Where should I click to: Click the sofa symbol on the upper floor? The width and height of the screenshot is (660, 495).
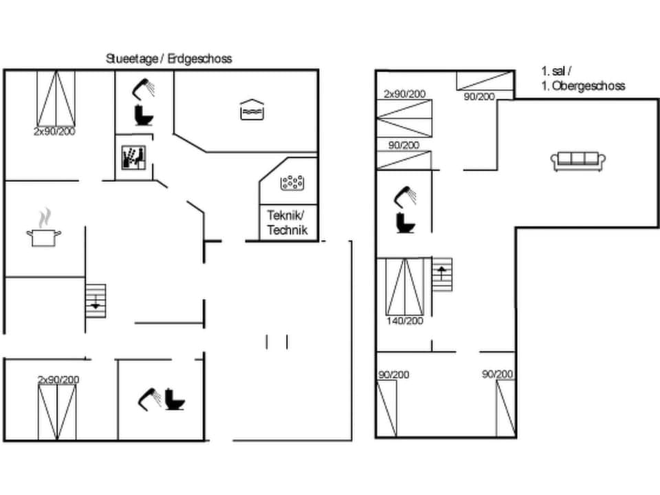point(577,161)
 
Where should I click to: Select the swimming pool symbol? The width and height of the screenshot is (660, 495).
point(252,110)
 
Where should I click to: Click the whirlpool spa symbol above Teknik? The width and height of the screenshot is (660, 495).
point(291,182)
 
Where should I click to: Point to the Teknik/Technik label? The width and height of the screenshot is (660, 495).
point(287,223)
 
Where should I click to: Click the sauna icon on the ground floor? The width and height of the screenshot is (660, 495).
point(132,157)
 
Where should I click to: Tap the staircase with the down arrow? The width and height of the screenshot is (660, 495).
point(96,300)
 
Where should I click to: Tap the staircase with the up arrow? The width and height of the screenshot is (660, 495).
point(442,274)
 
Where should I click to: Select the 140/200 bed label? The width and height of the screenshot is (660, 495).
point(405,321)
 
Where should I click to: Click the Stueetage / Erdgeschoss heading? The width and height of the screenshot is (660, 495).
point(168,59)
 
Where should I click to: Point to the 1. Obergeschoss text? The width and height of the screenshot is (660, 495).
point(583,86)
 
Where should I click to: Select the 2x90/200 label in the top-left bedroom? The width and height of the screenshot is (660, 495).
point(54,131)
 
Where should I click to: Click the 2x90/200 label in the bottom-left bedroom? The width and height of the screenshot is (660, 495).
point(58,379)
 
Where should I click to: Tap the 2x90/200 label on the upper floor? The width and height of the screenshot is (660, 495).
point(405,94)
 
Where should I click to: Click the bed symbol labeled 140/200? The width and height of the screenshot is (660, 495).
point(405,286)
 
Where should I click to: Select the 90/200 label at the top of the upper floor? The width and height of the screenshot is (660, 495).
point(479,97)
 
